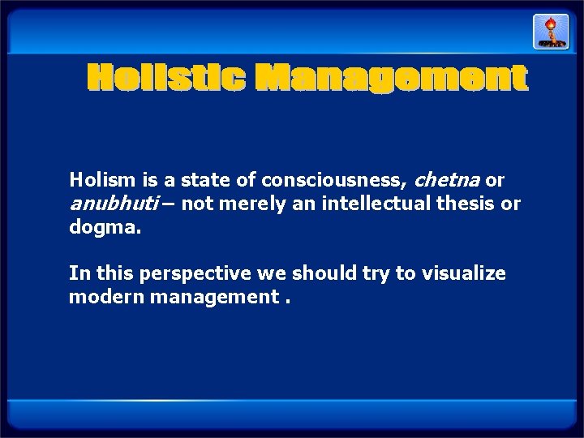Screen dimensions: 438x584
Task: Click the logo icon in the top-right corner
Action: tap(550, 32)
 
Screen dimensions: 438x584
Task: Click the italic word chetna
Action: tap(448, 179)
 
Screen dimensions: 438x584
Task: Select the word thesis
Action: tap(456, 204)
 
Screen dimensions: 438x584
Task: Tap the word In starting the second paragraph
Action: tap(78, 273)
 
